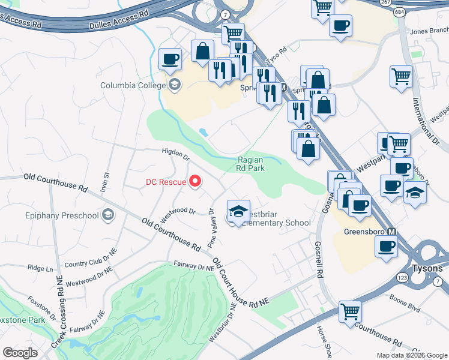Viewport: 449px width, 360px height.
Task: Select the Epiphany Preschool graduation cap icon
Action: (108, 215)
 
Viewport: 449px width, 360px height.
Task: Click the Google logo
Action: (20, 353)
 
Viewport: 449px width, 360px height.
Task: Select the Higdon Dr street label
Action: (175, 155)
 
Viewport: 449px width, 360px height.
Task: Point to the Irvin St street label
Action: (107, 182)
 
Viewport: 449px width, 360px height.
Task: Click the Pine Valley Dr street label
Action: (211, 229)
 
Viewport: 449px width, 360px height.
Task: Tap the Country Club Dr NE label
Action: (89, 262)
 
